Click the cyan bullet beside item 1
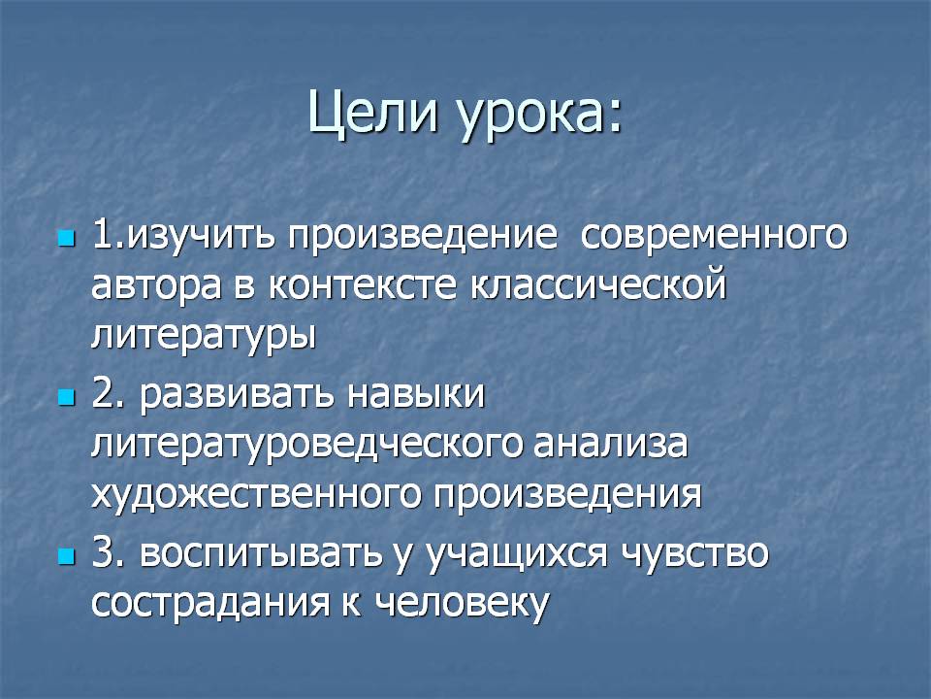coord(67,239)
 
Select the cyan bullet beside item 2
coord(67,397)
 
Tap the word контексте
coord(363,285)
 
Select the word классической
coord(598,284)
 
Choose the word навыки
coord(416,394)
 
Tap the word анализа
coord(611,445)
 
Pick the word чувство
coord(694,552)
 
